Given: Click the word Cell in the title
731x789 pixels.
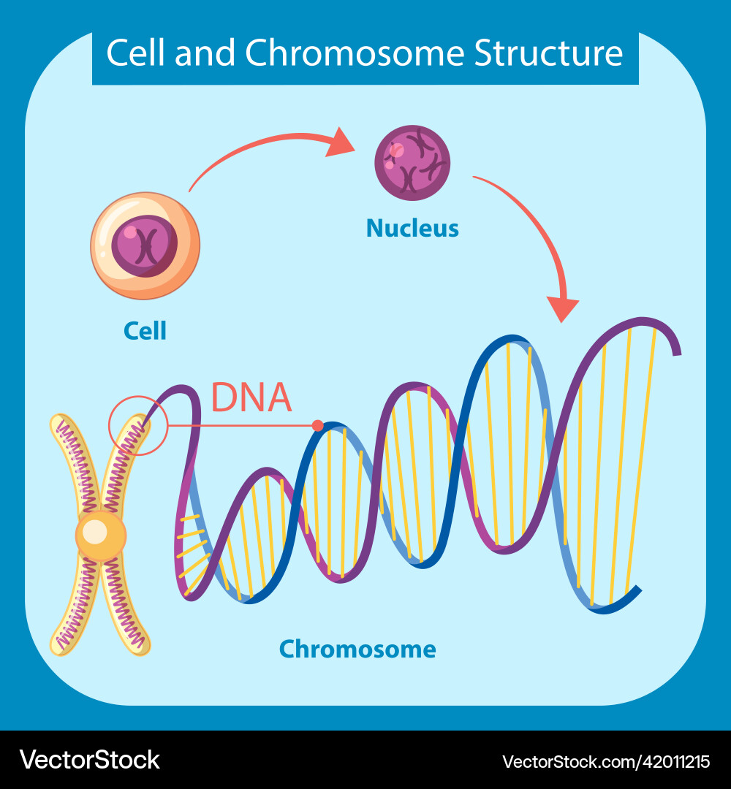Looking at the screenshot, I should click(x=135, y=53).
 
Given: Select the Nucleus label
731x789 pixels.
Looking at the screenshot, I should click(x=412, y=229).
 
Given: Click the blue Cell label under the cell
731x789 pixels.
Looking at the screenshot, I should click(x=145, y=331).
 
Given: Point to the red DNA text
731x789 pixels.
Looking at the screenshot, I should click(x=251, y=398).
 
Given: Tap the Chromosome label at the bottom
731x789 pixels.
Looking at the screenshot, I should click(x=357, y=649).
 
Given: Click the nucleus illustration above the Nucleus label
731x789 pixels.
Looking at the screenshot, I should click(x=412, y=162).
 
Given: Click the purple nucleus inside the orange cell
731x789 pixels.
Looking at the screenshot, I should click(x=145, y=246).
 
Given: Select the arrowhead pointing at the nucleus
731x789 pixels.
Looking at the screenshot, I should click(x=340, y=142).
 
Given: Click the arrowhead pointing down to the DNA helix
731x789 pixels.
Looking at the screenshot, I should click(x=563, y=309).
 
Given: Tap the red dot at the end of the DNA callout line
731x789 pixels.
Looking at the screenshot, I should click(x=317, y=425).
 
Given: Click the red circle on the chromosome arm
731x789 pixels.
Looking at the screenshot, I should click(x=138, y=425).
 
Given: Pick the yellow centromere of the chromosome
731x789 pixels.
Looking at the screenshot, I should click(x=100, y=535).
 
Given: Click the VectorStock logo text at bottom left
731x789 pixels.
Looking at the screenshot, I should click(x=89, y=760).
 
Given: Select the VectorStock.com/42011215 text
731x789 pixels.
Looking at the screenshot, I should click(x=606, y=761).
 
